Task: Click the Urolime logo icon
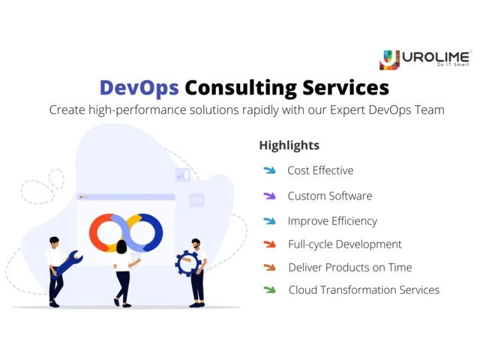(389, 60)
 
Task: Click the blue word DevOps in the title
(139, 88)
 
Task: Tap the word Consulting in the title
(241, 88)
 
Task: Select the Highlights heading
(289, 145)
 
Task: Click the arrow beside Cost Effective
(270, 170)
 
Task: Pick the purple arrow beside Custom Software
(270, 196)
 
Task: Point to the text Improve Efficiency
(332, 221)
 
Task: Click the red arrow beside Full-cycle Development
(270, 244)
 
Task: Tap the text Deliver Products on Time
(350, 267)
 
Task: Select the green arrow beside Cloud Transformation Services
(270, 289)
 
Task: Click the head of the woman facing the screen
(121, 247)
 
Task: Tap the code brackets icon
(196, 200)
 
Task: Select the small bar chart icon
(183, 175)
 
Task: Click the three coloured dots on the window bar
(83, 196)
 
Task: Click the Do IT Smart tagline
(453, 64)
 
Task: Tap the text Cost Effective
(320, 170)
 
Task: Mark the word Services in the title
(346, 88)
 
